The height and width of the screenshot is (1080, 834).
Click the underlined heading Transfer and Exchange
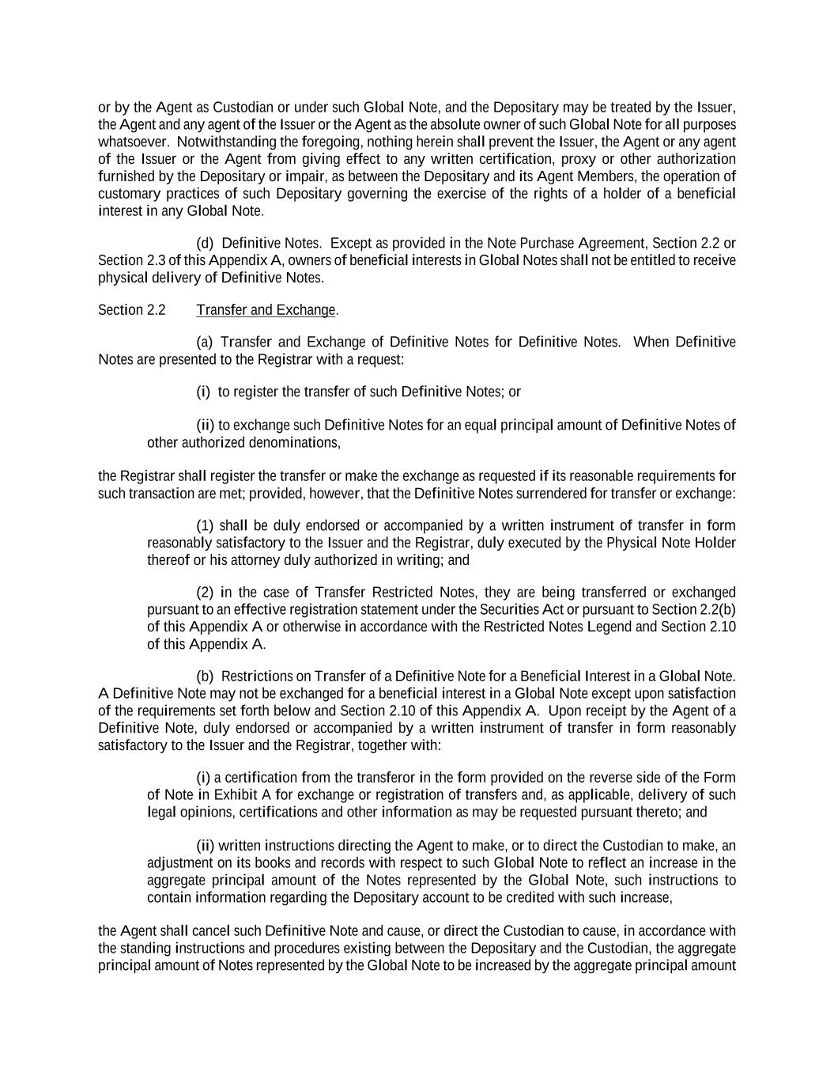[x=266, y=310]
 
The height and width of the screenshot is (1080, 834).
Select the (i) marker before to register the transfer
[x=203, y=392]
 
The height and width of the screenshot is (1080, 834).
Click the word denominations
[x=294, y=442]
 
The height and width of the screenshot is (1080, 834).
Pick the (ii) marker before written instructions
[x=206, y=846]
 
